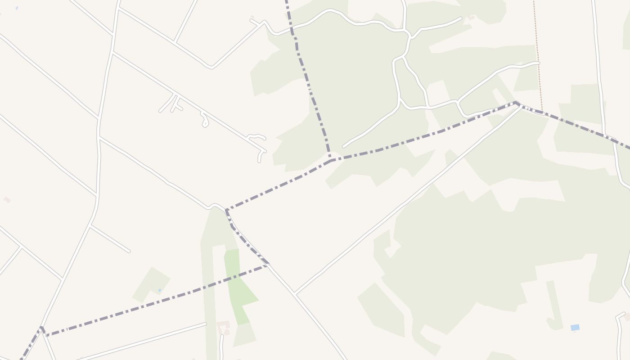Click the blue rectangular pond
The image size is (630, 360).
click(x=575, y=328)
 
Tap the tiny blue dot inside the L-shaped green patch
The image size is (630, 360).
click(x=160, y=290)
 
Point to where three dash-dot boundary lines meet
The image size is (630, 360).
click(x=331, y=160)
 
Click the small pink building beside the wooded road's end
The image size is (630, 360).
click(x=471, y=18)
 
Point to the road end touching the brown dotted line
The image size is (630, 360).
click(x=538, y=63)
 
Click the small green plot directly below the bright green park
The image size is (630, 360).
click(x=244, y=335)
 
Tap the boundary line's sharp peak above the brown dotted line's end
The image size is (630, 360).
click(x=516, y=103)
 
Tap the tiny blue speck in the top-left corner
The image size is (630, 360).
click(x=17, y=8)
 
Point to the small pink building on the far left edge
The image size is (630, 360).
click(x=7, y=199)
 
